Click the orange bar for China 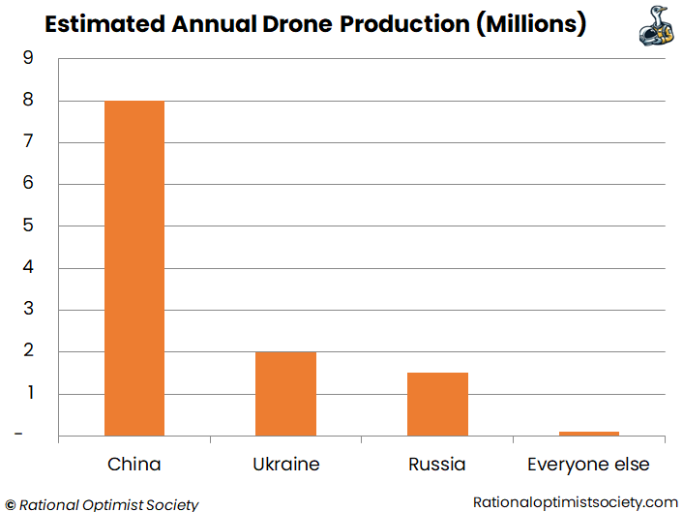(134, 268)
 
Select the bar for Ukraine (285, 393)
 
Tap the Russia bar (437, 404)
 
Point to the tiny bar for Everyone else (588, 434)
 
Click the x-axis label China (134, 465)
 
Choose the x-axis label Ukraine (285, 465)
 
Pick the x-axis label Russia (437, 465)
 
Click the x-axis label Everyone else (588, 465)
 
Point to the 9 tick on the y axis (27, 59)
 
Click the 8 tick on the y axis (27, 101)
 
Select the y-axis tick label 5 (27, 226)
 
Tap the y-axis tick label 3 (27, 310)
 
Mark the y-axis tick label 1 (27, 393)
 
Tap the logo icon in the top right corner (655, 25)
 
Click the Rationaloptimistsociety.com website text (576, 501)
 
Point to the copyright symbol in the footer (10, 503)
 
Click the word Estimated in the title (104, 24)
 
